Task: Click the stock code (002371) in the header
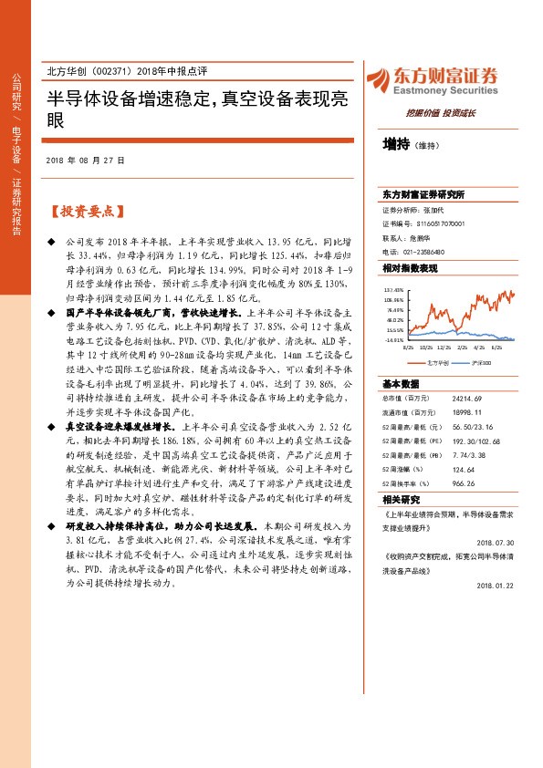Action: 113,71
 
